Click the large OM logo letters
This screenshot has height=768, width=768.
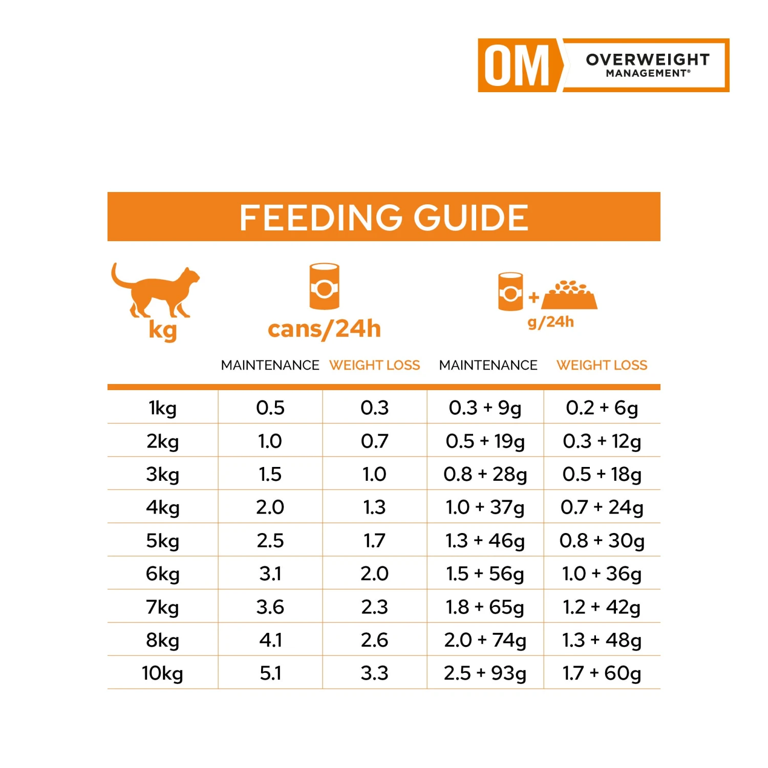click(517, 66)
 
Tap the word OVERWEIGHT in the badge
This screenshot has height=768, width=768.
click(648, 59)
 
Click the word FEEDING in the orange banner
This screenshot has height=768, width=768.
click(321, 218)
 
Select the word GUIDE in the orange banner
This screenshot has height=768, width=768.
click(471, 218)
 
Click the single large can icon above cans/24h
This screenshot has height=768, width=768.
click(324, 287)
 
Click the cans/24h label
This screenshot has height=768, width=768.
click(324, 329)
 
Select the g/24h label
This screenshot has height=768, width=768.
click(550, 322)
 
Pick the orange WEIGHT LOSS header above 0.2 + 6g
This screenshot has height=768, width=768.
click(602, 365)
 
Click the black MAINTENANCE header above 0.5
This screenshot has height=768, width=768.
click(270, 365)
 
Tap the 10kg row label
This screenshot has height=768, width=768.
click(162, 673)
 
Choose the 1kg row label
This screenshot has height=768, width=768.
click(162, 408)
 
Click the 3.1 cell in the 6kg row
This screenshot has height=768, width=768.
click(270, 574)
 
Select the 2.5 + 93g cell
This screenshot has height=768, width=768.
click(485, 673)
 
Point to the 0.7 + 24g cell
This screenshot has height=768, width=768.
click(602, 507)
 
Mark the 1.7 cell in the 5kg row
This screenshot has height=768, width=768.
click(374, 541)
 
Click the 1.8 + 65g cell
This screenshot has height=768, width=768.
click(485, 607)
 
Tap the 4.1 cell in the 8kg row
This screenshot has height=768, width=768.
click(270, 640)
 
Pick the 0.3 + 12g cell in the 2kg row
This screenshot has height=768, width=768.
click(602, 441)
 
